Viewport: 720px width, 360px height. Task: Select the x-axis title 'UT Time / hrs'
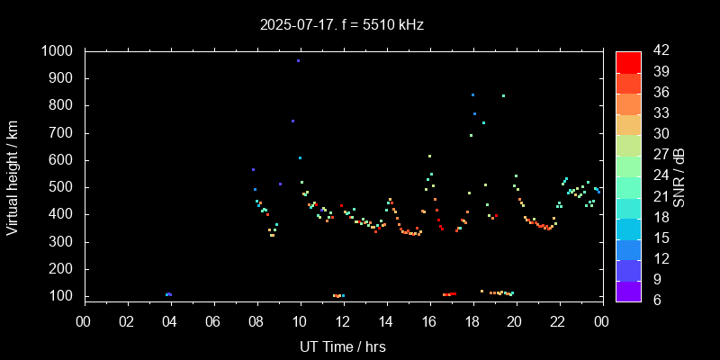(343, 346)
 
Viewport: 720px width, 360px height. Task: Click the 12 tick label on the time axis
(343, 319)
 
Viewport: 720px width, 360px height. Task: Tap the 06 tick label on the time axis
(213, 319)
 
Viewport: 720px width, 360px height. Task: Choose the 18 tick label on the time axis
(472, 319)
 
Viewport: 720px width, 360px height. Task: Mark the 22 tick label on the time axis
(558, 319)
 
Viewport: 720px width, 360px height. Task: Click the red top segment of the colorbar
(628, 61)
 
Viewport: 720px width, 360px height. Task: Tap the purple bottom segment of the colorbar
(628, 290)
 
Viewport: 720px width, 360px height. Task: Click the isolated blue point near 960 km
(298, 61)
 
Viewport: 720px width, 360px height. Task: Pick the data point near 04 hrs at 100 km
(168, 294)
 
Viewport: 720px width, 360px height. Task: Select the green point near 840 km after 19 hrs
(503, 95)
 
